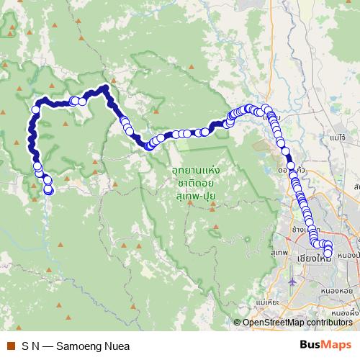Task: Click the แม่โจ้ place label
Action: (x=337, y=135)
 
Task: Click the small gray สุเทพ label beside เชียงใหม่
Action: (x=279, y=253)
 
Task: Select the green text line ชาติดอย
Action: (x=195, y=183)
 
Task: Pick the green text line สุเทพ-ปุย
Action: (x=195, y=194)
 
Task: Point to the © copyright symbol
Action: (x=238, y=323)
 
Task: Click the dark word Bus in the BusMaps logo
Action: (x=312, y=344)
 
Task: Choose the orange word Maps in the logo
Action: (x=338, y=344)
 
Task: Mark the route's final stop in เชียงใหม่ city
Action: (x=328, y=253)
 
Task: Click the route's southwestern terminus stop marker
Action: (x=49, y=190)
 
